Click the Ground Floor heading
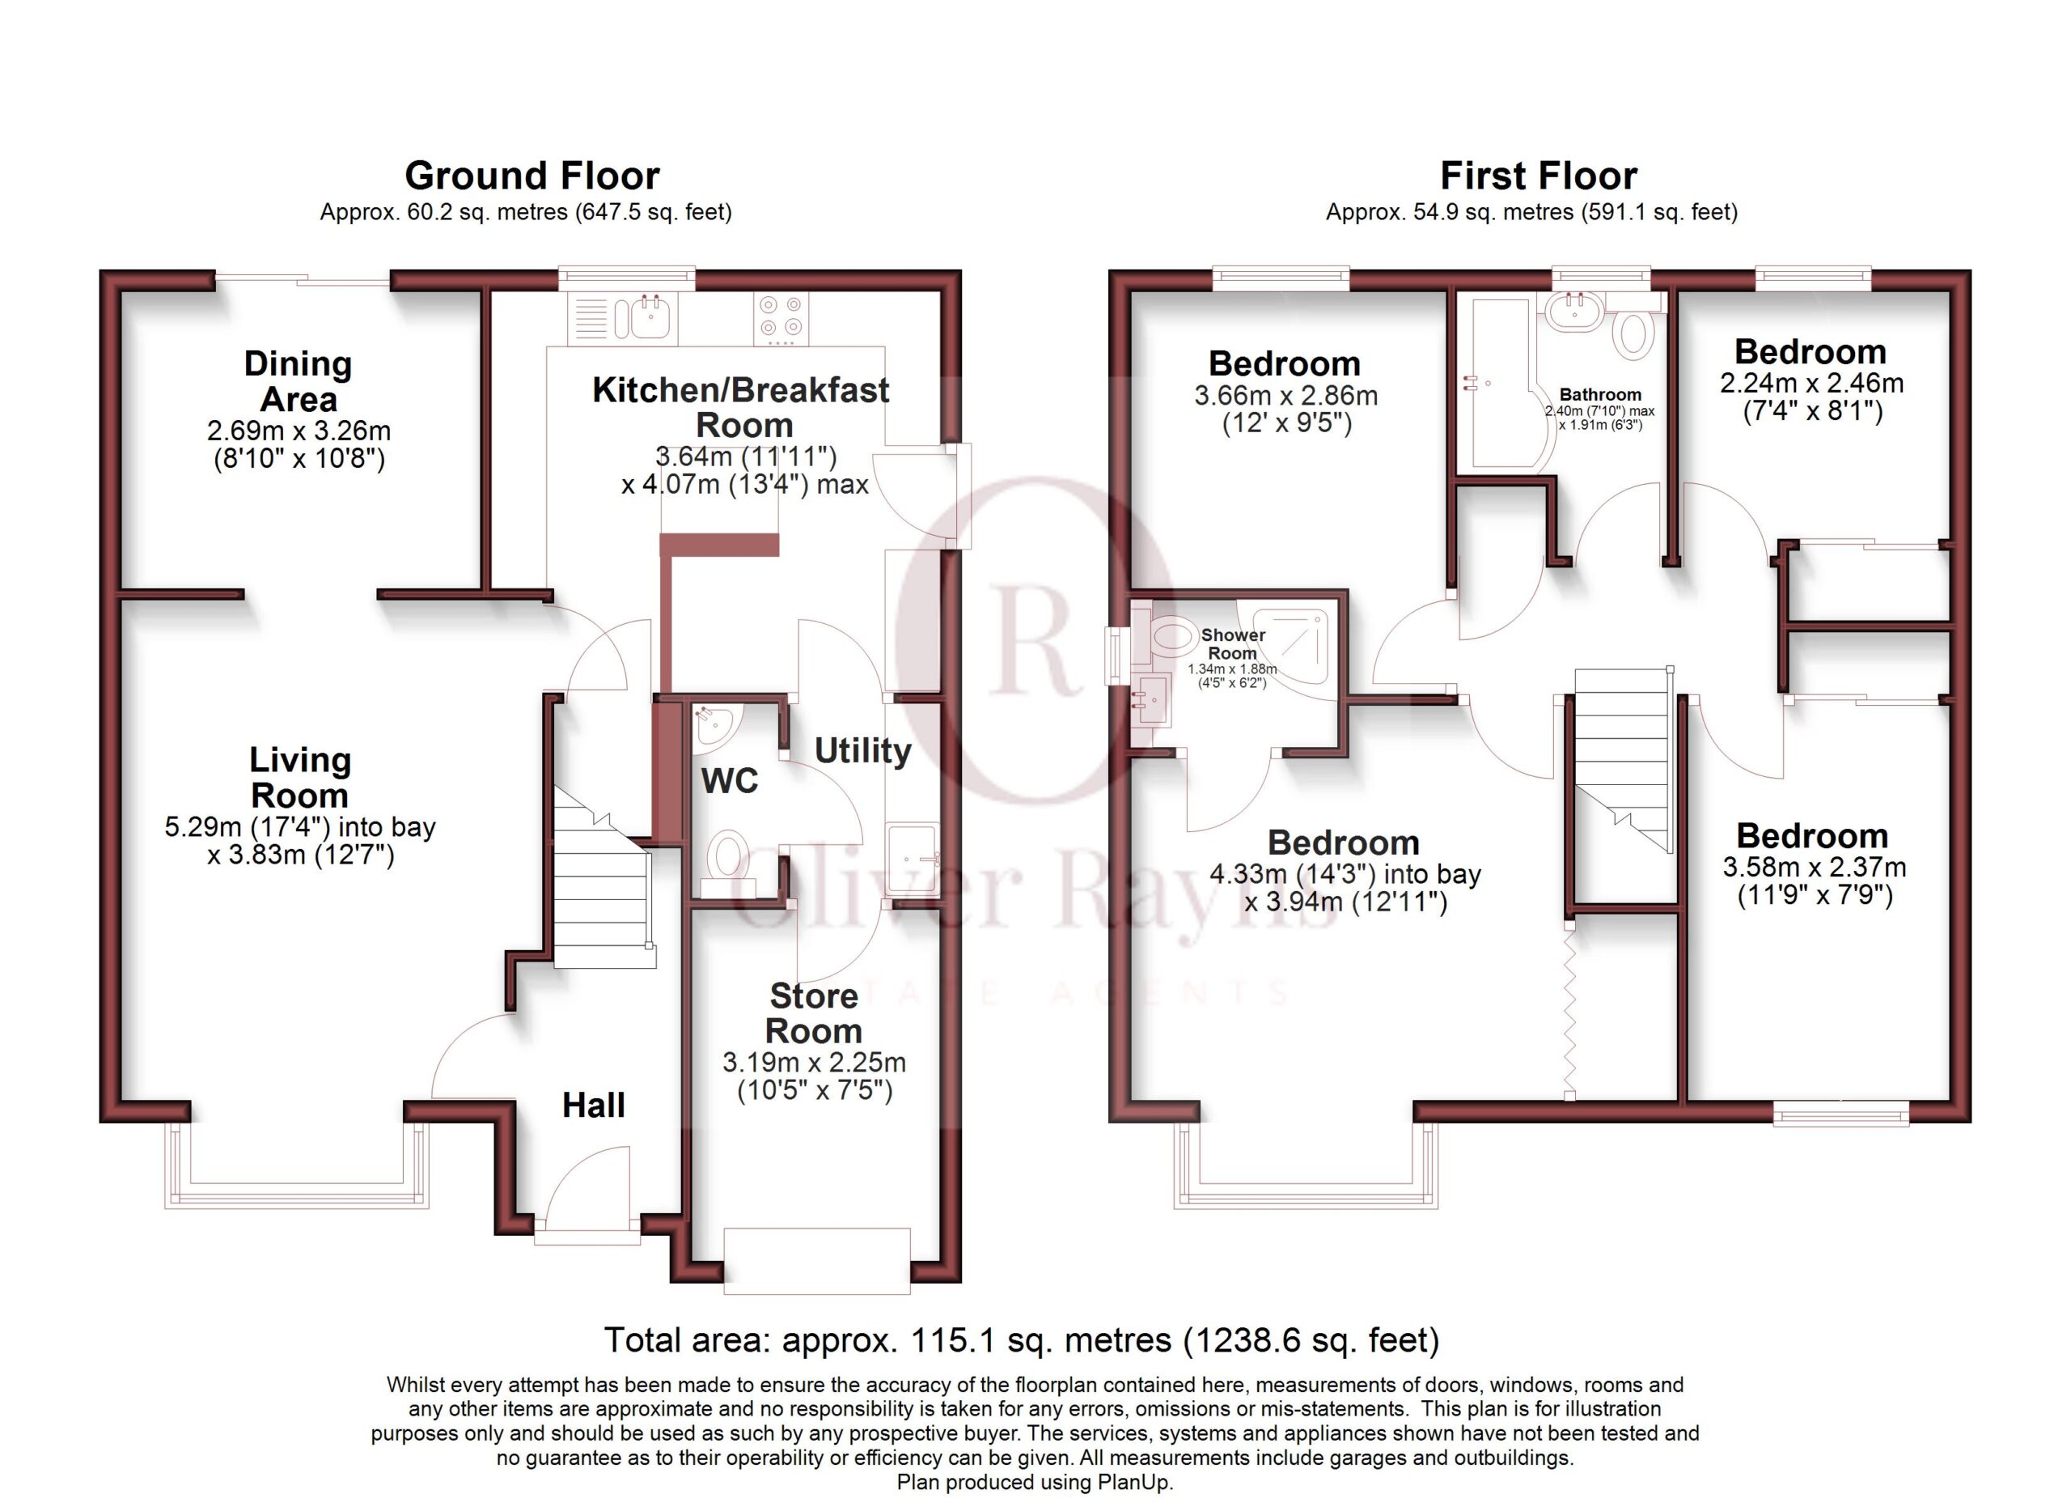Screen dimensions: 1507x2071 point(532,176)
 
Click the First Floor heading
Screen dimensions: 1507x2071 point(1538,176)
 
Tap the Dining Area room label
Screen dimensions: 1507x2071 point(299,382)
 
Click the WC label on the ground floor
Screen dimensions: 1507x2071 point(730,781)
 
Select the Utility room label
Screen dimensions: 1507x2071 point(862,751)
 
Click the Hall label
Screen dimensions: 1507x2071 point(594,1105)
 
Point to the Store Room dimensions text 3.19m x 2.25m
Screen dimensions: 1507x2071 point(814,1062)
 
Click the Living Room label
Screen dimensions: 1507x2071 point(299,777)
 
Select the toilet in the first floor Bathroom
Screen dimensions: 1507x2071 point(1633,334)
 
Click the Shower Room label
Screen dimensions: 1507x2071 point(1233,644)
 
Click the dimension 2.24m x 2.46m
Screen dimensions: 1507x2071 point(1811,384)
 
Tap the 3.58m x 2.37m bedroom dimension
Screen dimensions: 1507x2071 point(1814,867)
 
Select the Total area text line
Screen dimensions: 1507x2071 point(1022,1339)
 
